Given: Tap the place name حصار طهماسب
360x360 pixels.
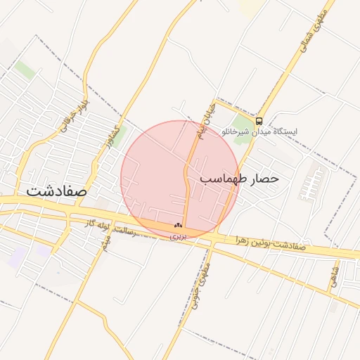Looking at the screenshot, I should (240, 179).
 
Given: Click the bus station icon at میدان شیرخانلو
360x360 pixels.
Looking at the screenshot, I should (259, 120).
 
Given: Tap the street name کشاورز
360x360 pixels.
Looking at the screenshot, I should (108, 136).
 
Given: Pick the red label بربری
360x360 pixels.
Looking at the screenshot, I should (176, 236).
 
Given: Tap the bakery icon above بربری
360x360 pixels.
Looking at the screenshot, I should (176, 226).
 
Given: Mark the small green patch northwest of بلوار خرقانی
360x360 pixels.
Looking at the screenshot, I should (25, 70).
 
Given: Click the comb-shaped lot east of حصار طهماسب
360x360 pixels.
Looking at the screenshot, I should (310, 185).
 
